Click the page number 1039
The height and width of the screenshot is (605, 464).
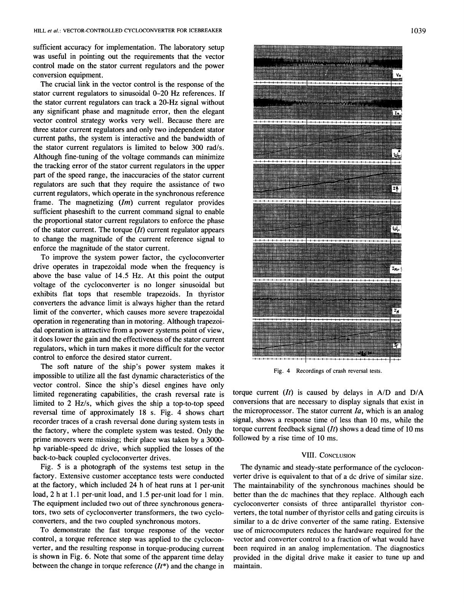click(418, 31)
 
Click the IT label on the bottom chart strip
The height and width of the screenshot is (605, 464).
click(397, 345)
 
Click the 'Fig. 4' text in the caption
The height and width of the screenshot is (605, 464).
click(282, 371)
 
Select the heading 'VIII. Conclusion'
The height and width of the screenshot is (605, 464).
click(328, 455)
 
